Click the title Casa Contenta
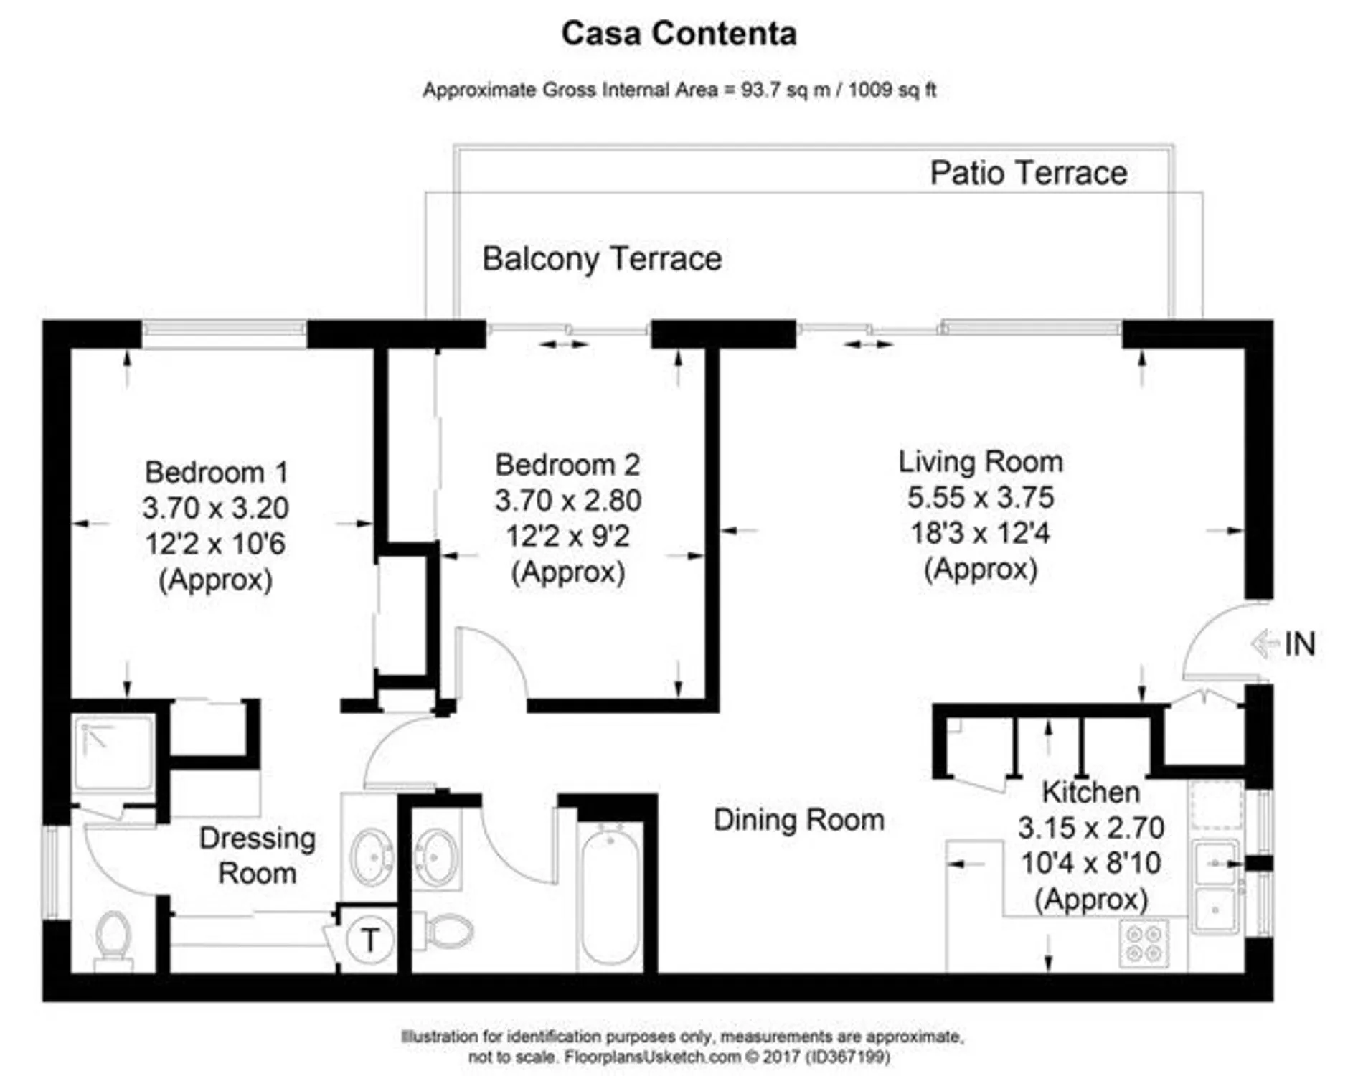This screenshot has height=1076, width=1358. click(x=679, y=34)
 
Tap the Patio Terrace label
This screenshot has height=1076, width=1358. click(x=1028, y=173)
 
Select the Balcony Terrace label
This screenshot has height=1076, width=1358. click(x=601, y=259)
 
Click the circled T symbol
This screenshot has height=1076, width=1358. click(x=369, y=940)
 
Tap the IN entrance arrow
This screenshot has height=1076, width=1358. click(x=1284, y=643)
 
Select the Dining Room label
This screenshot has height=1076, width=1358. click(x=798, y=820)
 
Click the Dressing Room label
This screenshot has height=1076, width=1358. click(x=257, y=856)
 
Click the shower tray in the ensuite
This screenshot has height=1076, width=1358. click(x=113, y=752)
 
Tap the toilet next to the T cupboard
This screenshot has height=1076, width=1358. click(x=448, y=931)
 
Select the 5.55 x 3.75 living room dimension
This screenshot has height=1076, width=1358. click(x=980, y=497)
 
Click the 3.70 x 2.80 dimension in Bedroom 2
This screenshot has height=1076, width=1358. click(x=567, y=500)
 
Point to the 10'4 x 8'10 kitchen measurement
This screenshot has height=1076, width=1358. click(x=1090, y=864)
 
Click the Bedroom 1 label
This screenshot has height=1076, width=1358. click(x=216, y=473)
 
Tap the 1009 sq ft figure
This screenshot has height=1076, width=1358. click(x=892, y=90)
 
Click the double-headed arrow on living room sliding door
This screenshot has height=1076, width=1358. click(x=868, y=345)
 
